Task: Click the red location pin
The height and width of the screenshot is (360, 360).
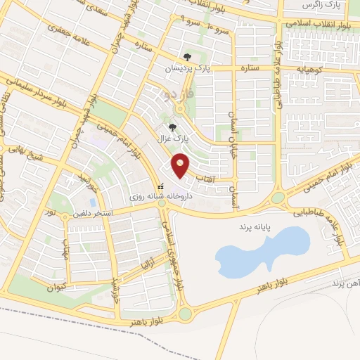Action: coord(181,165)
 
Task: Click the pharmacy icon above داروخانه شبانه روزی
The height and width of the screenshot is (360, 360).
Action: coord(162,188)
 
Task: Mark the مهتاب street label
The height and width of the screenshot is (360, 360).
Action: coord(64,247)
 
